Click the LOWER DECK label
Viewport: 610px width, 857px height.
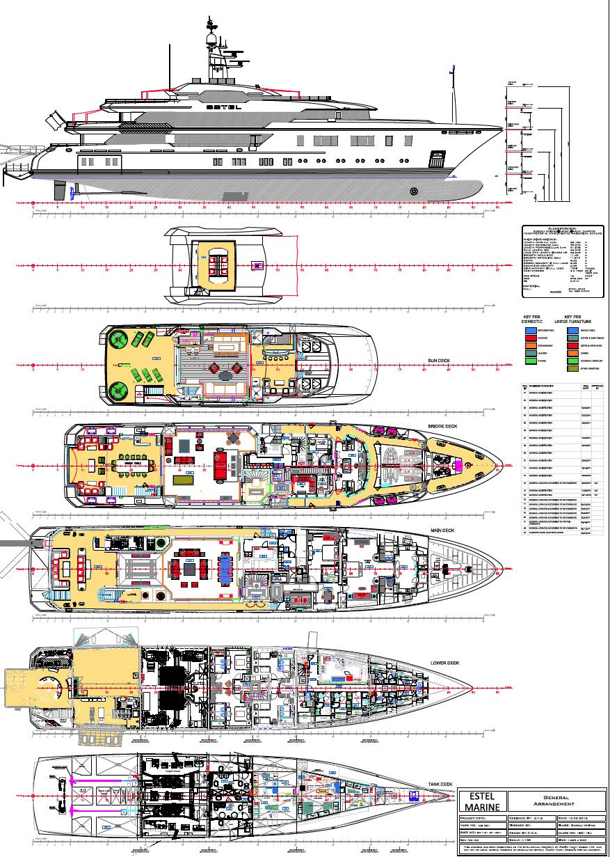pyautogui.click(x=444, y=663)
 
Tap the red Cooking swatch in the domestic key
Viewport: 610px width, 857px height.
pyautogui.click(x=531, y=338)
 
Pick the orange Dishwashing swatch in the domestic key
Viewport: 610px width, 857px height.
pyautogui.click(x=531, y=345)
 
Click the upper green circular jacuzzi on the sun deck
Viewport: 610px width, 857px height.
pyautogui.click(x=118, y=339)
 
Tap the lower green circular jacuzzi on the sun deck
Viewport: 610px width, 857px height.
pyautogui.click(x=118, y=391)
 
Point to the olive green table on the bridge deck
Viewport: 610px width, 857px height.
pyautogui.click(x=184, y=480)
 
